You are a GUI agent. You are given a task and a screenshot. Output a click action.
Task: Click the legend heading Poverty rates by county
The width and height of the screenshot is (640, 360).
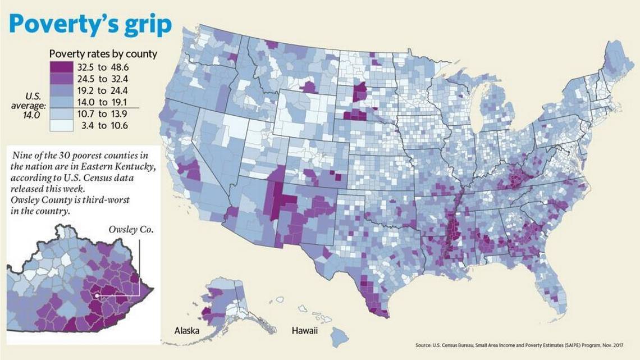103,54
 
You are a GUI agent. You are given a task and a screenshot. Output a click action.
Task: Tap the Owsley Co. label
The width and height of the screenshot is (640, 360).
130,230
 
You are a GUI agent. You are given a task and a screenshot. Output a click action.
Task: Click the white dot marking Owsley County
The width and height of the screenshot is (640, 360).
97,294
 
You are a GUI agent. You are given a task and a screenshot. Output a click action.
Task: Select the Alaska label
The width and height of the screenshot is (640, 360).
186,330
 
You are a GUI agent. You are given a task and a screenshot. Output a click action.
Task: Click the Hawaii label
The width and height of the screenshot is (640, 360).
304,330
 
